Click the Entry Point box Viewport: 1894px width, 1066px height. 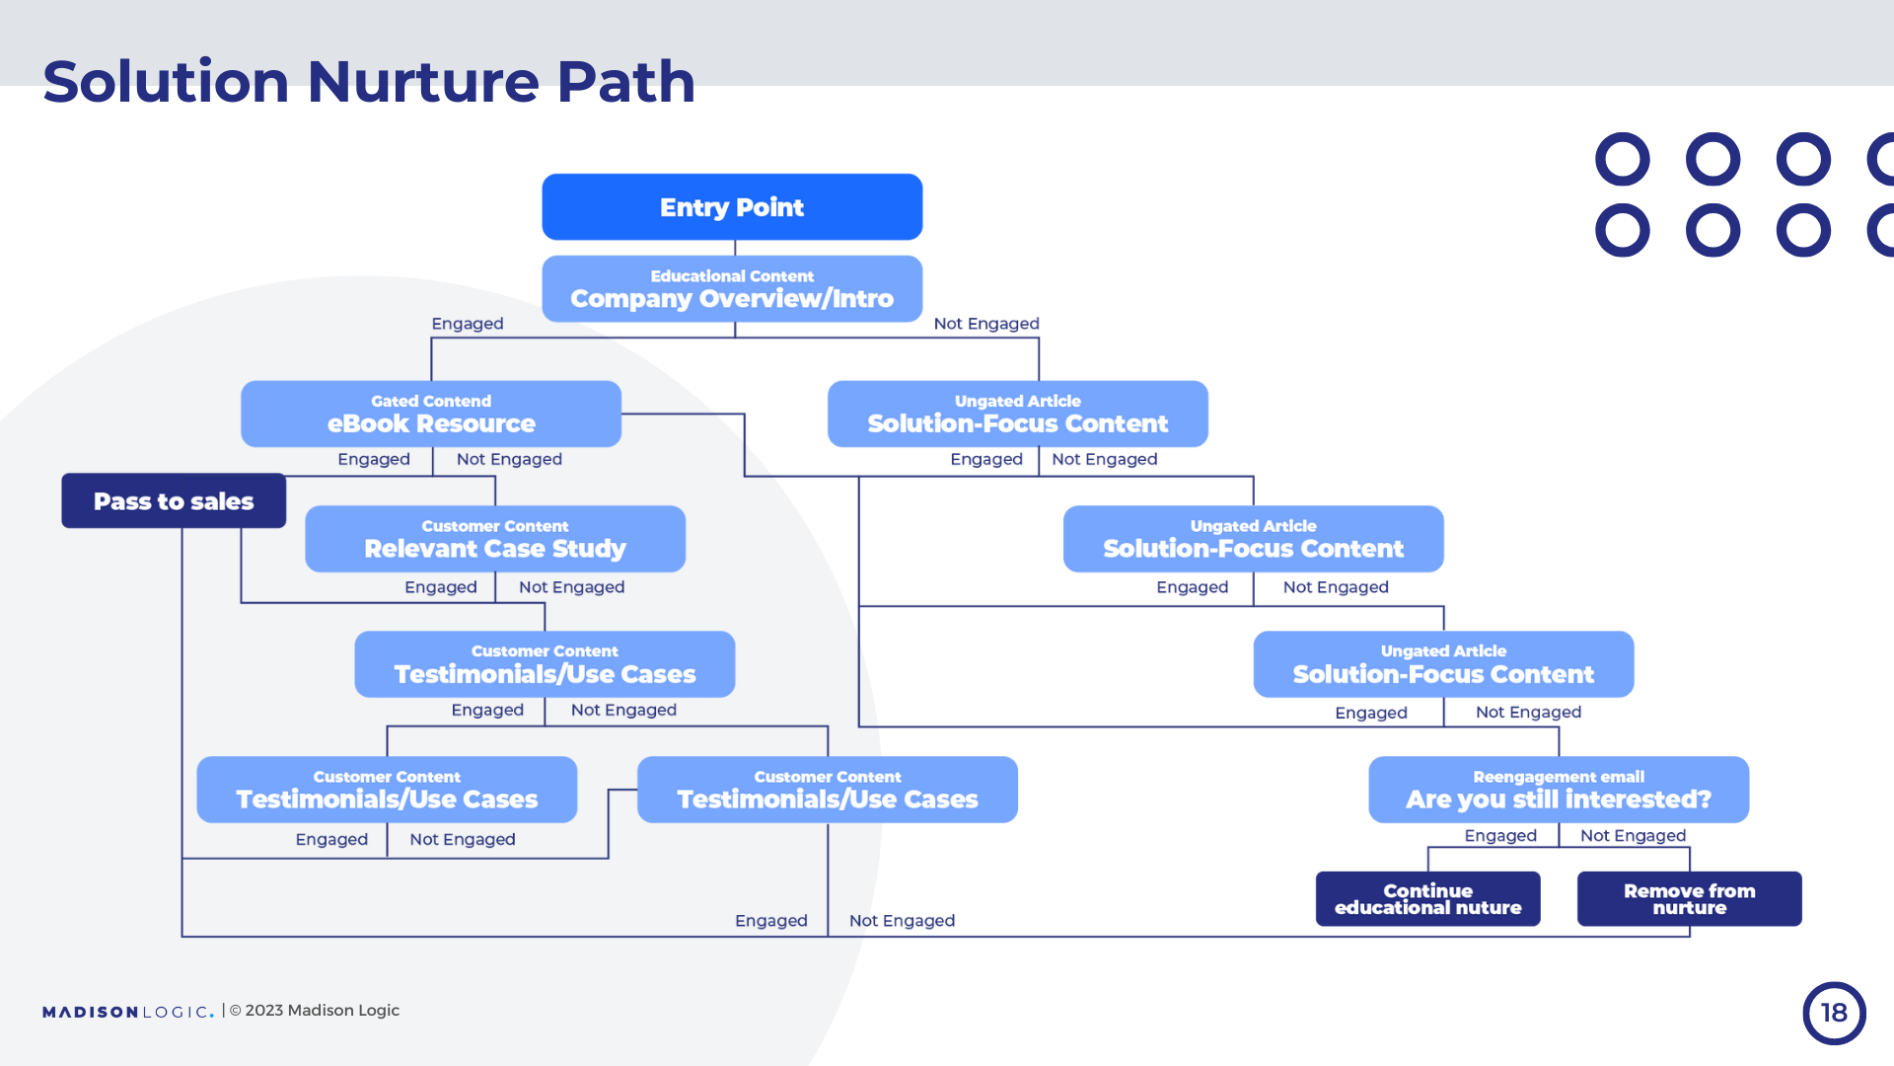[x=732, y=207]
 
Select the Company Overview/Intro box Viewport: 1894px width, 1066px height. [x=732, y=289]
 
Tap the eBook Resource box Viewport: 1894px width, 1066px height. [x=431, y=415]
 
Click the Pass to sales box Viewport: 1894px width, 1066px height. [x=174, y=501]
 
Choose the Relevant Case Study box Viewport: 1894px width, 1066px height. [x=495, y=540]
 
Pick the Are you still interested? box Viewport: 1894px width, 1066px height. [x=1559, y=791]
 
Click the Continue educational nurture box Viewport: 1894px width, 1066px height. [x=1427, y=899]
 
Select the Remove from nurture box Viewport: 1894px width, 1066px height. [x=1689, y=899]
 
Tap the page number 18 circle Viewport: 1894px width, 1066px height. [x=1834, y=1013]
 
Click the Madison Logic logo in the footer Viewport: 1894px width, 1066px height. [x=127, y=1012]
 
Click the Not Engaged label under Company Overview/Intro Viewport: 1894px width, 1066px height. [x=986, y=324]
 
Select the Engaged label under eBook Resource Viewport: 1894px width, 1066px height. [x=374, y=459]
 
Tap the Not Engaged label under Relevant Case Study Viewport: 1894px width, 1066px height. [x=572, y=587]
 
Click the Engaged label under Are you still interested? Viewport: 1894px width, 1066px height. [x=1500, y=836]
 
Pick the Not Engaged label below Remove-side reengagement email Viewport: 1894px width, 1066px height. [x=1633, y=836]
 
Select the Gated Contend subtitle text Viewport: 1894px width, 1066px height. [x=431, y=401]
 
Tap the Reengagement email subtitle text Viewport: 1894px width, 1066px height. [x=1559, y=777]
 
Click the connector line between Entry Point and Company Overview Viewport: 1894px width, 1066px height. [x=735, y=248]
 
